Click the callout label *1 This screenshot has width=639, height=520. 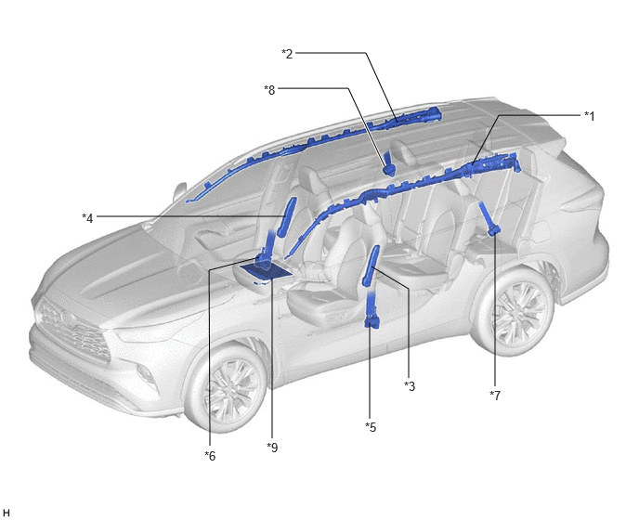coord(589,117)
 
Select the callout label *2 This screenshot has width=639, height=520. coord(287,54)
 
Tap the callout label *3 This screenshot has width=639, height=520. coord(410,386)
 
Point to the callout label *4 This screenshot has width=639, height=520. coord(87,218)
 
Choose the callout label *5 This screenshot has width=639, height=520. coord(371,427)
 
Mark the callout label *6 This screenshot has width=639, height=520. coord(210,456)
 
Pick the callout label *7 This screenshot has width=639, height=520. coord(495,396)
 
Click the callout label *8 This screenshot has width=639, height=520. coord(269,90)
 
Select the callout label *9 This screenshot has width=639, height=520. coord(272,448)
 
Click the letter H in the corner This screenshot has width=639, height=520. coord(6,513)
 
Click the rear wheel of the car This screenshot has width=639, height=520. coord(515,310)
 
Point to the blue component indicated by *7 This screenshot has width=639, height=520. coord(489,220)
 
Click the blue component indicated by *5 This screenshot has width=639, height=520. coord(371,309)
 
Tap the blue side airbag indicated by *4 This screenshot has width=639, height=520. coord(286,216)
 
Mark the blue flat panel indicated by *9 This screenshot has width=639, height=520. coord(266,270)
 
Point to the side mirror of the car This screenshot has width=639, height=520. coord(180,192)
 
